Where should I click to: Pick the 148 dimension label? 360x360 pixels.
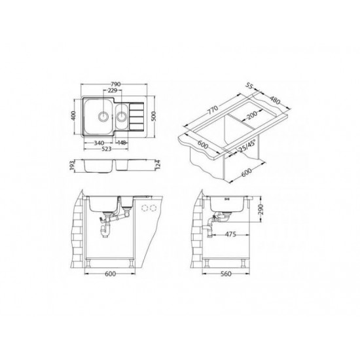coord(122,143)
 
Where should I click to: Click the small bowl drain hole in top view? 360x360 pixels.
coord(122,118)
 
